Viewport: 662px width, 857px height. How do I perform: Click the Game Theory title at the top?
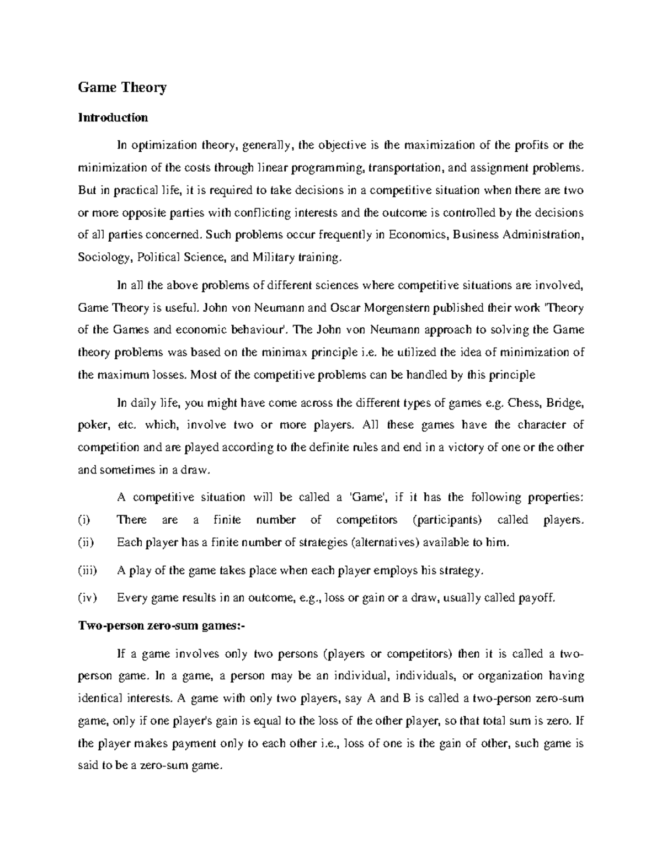[x=122, y=87]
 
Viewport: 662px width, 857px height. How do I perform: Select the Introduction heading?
[x=113, y=118]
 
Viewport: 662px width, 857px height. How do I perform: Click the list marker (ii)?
[x=86, y=542]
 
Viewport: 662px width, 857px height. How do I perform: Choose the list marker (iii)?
[x=87, y=571]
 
